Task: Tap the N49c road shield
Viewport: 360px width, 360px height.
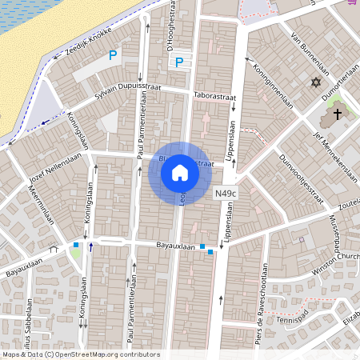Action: pos(226,194)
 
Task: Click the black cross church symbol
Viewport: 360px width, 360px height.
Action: pos(338,114)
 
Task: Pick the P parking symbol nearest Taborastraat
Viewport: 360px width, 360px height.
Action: pos(179,62)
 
